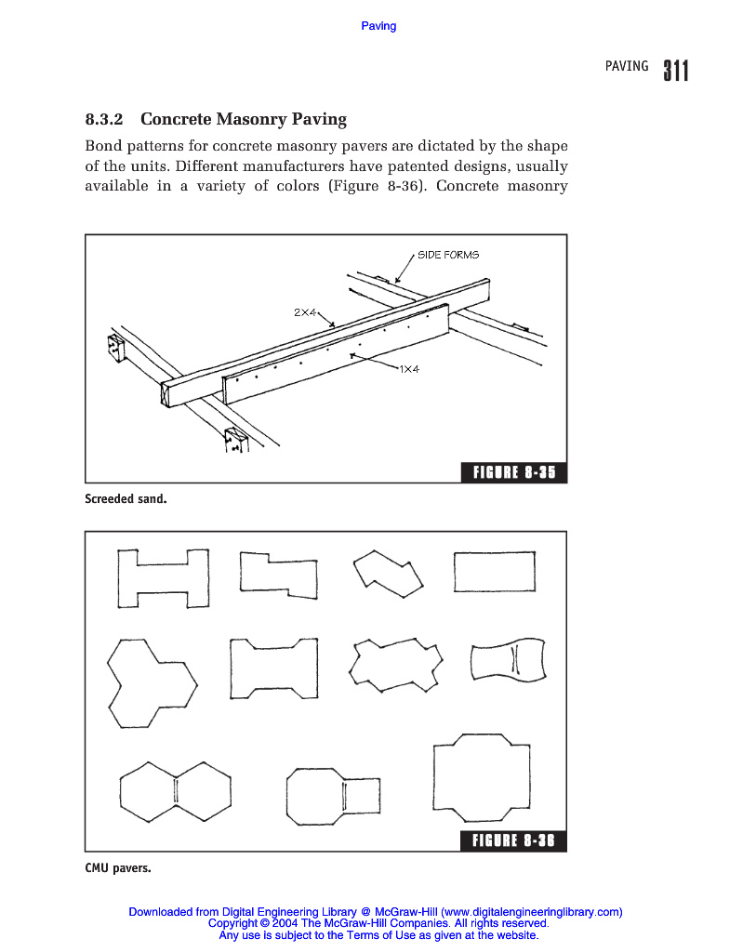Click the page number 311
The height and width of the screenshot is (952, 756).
point(676,71)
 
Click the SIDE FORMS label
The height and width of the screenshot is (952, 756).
point(448,255)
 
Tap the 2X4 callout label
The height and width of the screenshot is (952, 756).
point(305,313)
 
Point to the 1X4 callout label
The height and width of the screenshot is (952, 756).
point(409,369)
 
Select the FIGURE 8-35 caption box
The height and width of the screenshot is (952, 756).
point(514,472)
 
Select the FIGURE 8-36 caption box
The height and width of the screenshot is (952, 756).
point(514,841)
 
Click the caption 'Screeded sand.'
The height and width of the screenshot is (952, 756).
point(126,499)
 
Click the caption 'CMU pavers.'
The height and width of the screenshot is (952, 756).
point(117,868)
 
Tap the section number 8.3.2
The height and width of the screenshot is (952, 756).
point(103,119)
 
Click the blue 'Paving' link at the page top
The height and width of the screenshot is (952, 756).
point(378,26)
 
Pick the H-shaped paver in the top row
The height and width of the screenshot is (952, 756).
point(163,577)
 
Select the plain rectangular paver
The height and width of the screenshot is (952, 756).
point(494,571)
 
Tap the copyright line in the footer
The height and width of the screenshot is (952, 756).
point(378,924)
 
